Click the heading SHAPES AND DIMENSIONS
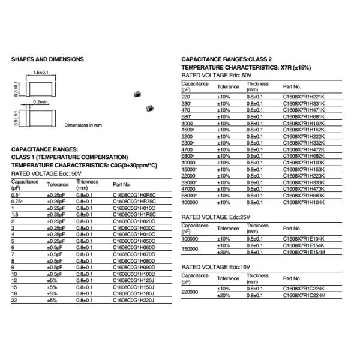coord(47,59)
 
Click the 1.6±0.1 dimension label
coord(40,72)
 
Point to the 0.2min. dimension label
coord(41,102)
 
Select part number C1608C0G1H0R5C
coord(134,195)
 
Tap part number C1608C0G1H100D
coord(134,274)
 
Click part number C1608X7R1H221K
coord(304,97)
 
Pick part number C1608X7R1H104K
coord(304,203)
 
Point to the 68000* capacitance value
coord(190,196)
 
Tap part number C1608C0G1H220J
coord(134,300)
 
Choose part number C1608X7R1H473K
coord(304,189)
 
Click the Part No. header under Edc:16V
coord(292,278)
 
